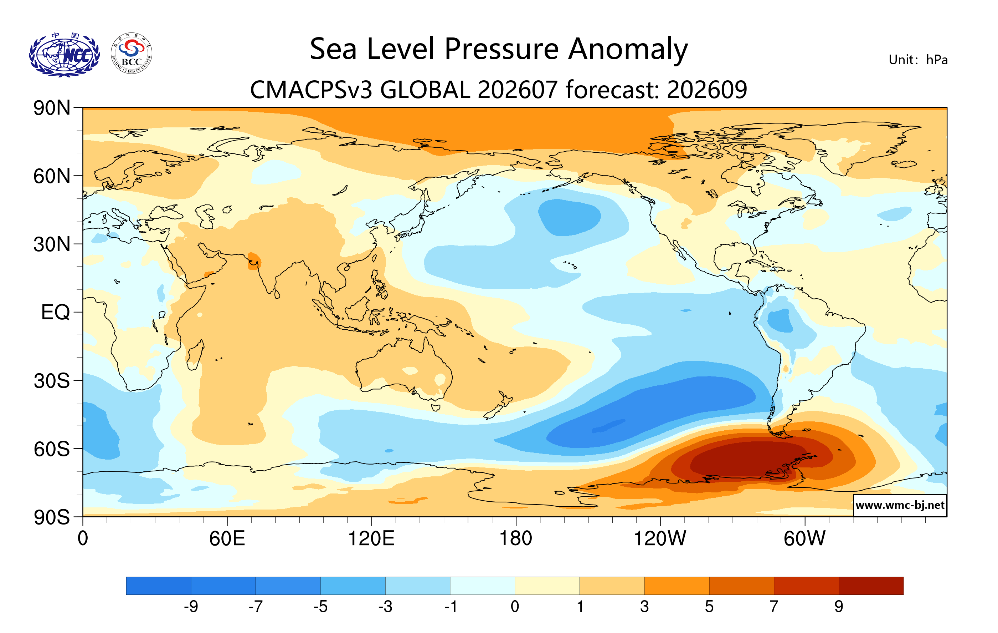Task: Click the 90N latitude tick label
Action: [x=52, y=108]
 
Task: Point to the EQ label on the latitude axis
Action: [x=56, y=312]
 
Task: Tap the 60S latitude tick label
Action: [x=52, y=449]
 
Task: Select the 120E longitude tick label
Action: [x=371, y=539]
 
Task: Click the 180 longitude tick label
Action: [x=516, y=539]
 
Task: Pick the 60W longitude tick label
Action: [x=804, y=539]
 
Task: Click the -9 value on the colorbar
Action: [x=191, y=607]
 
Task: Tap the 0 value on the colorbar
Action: [x=515, y=607]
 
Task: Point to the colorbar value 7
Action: [x=774, y=607]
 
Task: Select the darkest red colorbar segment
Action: [x=871, y=586]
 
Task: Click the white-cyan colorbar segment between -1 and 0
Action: [x=482, y=586]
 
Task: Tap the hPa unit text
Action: [x=937, y=60]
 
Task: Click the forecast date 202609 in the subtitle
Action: [x=707, y=90]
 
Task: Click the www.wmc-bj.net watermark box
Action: [x=900, y=505]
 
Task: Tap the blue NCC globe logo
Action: [x=64, y=55]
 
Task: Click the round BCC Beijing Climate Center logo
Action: [x=132, y=54]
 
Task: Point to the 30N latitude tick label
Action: [x=52, y=244]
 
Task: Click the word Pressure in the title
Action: [x=501, y=49]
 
